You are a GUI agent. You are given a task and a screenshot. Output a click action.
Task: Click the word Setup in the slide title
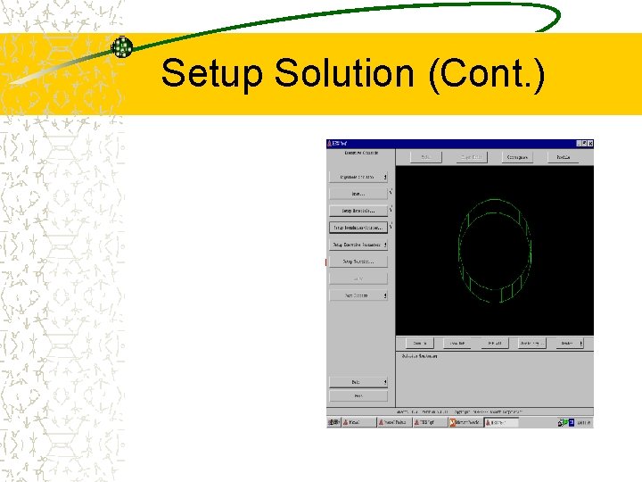tap(214, 73)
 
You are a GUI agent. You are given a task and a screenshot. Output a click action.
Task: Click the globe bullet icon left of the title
tap(122, 47)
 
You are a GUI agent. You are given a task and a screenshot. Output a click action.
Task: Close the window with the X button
tap(589, 143)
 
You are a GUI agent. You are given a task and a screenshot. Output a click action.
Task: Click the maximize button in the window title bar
tap(582, 143)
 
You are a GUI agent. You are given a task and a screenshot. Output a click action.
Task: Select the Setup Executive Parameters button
tap(358, 245)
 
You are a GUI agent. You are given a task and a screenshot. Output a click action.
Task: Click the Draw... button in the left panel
tap(358, 193)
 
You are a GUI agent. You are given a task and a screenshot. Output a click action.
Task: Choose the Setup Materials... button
tap(358, 211)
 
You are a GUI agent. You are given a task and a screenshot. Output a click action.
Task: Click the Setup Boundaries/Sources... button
tap(358, 228)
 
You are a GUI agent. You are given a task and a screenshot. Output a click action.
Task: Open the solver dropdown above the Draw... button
tap(358, 177)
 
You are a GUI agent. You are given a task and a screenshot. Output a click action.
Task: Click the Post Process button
tap(358, 295)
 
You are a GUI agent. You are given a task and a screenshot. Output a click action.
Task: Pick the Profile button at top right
tap(564, 157)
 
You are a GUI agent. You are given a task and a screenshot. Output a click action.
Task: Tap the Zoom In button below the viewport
tap(419, 343)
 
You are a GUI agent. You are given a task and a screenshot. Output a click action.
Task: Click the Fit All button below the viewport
tap(494, 343)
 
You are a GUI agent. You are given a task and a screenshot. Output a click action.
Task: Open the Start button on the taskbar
tap(338, 422)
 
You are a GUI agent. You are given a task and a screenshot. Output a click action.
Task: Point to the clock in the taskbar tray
tap(584, 422)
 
